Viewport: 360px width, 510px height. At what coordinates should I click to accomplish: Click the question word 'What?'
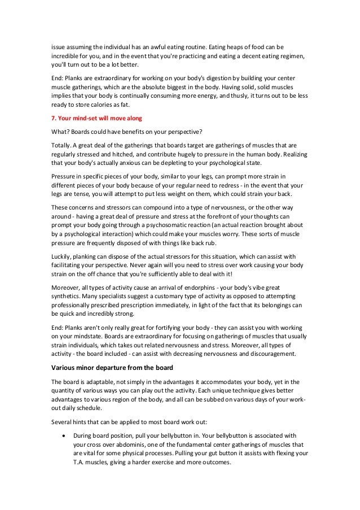pyautogui.click(x=58, y=132)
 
